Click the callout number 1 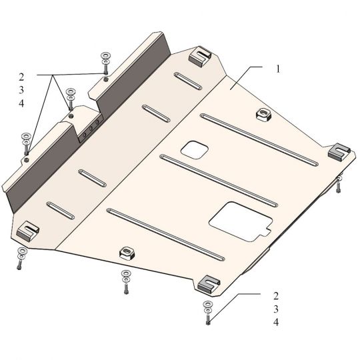point(278,69)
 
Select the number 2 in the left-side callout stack point(21,77)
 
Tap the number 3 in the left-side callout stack point(21,90)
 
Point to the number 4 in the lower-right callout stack point(276,322)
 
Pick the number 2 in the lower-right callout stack point(276,296)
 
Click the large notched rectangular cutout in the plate point(241,221)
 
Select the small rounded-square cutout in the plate point(195,150)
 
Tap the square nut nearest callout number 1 point(263,115)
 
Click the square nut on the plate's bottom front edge point(127,253)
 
